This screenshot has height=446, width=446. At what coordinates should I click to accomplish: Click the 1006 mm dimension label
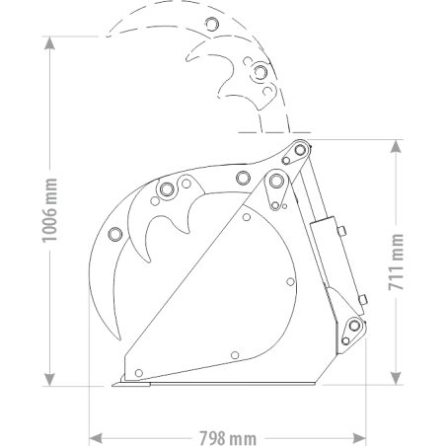tap(50, 210)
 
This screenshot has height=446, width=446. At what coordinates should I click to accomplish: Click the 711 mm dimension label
tap(396, 262)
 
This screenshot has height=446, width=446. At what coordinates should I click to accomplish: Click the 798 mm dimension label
tap(228, 438)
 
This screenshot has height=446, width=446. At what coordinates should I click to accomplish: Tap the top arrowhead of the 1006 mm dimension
tap(49, 42)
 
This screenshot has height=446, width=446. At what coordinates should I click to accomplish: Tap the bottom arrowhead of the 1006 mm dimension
tap(49, 380)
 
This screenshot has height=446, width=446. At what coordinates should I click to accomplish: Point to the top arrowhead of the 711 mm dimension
tap(396, 146)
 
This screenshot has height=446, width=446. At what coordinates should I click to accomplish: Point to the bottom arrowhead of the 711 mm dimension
tap(396, 378)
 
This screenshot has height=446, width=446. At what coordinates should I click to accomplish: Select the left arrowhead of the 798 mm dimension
tap(96, 438)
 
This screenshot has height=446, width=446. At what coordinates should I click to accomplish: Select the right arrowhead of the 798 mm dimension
tap(359, 438)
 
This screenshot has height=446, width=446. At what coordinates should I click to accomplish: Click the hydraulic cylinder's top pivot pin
tap(300, 150)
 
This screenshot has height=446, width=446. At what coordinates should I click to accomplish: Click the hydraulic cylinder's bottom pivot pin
tap(354, 326)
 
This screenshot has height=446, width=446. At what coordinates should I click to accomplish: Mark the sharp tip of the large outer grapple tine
tap(119, 338)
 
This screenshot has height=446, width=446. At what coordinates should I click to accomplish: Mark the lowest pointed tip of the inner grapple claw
tap(149, 261)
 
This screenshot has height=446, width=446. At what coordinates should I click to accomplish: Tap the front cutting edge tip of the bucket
tap(112, 385)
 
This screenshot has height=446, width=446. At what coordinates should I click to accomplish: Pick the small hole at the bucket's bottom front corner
tap(139, 373)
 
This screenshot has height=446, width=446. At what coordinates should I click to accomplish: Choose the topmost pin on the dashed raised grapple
tap(212, 24)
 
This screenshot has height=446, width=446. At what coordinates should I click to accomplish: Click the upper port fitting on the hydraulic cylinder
tap(341, 230)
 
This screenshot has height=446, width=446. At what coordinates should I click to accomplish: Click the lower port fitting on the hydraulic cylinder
tap(363, 300)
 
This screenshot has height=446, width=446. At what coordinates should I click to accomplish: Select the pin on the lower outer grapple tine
tap(115, 234)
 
